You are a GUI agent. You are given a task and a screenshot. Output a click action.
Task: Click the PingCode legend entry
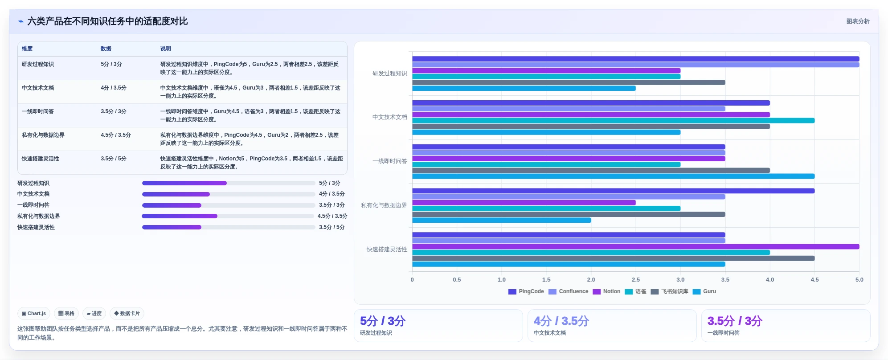coord(526,291)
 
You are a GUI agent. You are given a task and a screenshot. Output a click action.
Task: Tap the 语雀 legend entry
coord(635,291)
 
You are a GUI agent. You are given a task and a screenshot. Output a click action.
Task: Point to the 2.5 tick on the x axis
coord(635,280)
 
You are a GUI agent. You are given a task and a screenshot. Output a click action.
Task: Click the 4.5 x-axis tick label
coord(814,280)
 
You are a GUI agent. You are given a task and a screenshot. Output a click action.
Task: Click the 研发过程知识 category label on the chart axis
coord(389,74)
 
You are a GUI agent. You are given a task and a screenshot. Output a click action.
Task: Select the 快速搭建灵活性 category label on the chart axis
coord(387,250)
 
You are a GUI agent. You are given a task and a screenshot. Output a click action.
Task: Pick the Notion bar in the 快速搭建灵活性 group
coord(635,246)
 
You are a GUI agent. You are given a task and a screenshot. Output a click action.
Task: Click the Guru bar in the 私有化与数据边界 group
coord(501,220)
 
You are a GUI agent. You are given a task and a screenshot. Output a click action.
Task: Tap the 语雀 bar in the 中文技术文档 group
coord(613,120)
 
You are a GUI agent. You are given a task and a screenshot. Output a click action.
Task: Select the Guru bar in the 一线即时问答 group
coord(613,176)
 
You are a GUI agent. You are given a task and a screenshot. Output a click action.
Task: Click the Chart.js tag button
coord(34,314)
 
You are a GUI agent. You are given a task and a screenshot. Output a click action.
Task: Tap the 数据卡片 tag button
coord(127,314)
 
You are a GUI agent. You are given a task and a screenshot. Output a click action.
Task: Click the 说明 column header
coord(165,49)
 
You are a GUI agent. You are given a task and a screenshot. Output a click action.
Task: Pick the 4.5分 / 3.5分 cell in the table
coord(116,135)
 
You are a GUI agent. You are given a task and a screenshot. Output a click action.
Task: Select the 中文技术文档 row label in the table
coord(38,88)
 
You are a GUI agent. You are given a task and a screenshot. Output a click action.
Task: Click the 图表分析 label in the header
coord(858,21)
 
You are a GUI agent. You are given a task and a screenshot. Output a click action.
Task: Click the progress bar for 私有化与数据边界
coord(228,216)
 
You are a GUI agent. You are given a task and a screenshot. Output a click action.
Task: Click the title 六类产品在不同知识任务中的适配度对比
coord(107,21)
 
